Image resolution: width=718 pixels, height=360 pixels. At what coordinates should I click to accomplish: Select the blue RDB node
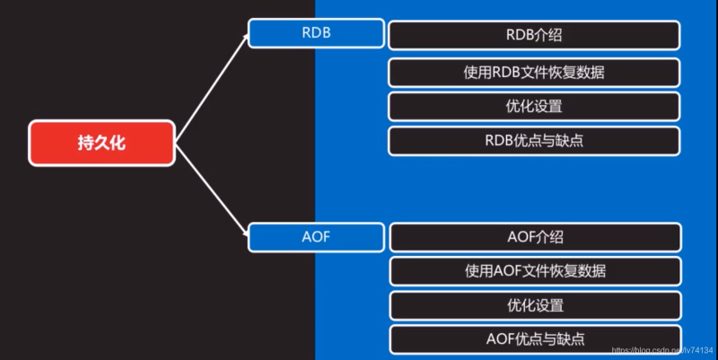pos(316,34)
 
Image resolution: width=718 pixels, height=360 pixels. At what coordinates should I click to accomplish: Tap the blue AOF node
pos(316,238)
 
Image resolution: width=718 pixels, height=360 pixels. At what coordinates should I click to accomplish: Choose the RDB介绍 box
pos(534,35)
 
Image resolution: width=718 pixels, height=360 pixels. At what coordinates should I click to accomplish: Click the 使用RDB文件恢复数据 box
pos(534,72)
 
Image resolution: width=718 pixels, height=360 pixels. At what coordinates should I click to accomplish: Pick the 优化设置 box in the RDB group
pos(534,106)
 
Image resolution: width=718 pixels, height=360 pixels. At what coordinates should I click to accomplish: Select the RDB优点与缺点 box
pos(534,140)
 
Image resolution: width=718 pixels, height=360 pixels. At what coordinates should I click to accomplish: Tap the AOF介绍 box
pos(534,238)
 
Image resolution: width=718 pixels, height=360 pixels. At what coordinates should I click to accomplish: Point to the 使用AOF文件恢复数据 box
pos(534,270)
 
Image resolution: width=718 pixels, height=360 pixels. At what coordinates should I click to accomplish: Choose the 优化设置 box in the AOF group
pos(534,304)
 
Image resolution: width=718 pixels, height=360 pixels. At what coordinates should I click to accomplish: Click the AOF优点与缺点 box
pos(534,338)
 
